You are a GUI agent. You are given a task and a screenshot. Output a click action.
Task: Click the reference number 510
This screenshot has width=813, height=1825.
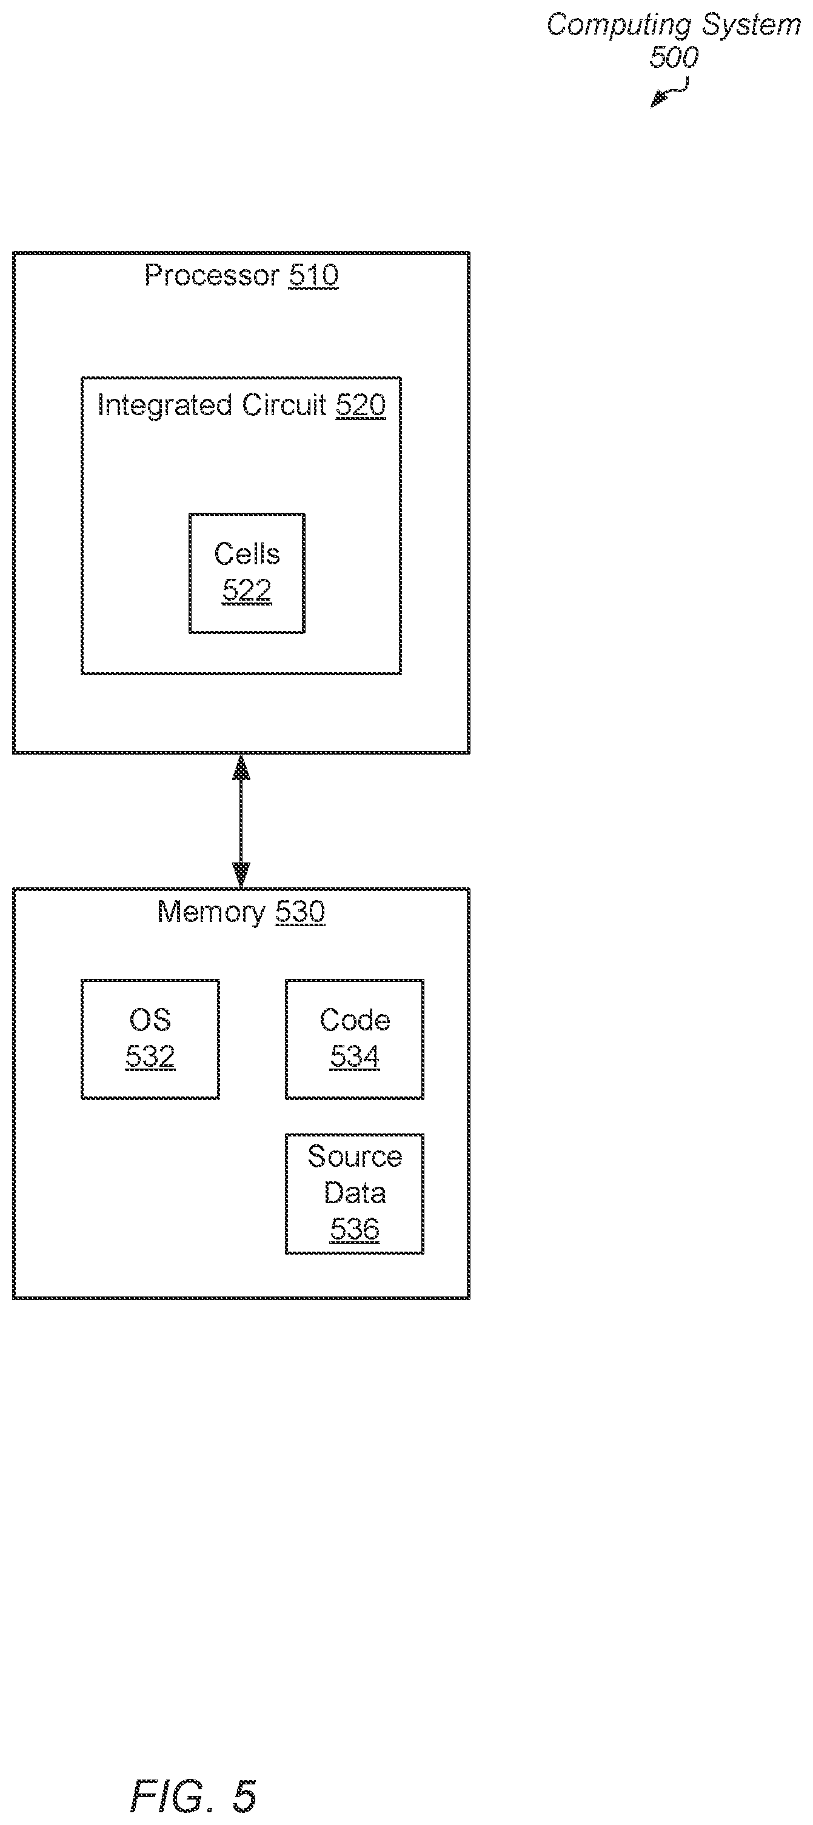coord(313,275)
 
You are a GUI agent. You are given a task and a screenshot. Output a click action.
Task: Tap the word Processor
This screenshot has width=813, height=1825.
coord(212,275)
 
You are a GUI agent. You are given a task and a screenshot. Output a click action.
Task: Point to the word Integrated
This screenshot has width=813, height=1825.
coord(164,405)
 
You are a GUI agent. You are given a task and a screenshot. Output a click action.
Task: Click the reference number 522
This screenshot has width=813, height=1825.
coord(247,590)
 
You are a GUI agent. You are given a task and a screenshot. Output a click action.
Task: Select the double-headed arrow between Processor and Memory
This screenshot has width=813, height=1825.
coord(242,821)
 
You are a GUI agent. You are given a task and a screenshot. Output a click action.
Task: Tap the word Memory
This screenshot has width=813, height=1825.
coord(211,912)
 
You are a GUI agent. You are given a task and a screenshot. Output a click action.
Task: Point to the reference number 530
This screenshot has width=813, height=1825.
coord(300,911)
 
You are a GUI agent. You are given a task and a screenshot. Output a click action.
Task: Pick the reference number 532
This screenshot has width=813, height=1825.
coord(150,1056)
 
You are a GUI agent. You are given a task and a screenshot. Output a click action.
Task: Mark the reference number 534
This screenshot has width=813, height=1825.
coord(355,1056)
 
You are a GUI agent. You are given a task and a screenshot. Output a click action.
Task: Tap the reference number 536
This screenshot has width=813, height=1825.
coord(355,1229)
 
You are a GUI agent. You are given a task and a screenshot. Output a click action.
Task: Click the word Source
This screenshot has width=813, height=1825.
coord(355,1156)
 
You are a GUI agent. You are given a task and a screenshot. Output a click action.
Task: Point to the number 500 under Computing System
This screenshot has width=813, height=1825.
coord(674,57)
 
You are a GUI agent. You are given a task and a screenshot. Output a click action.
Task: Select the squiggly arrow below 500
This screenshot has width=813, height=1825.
coord(670,92)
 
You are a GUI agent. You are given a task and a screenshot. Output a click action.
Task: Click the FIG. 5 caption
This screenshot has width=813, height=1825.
coord(193,1796)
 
